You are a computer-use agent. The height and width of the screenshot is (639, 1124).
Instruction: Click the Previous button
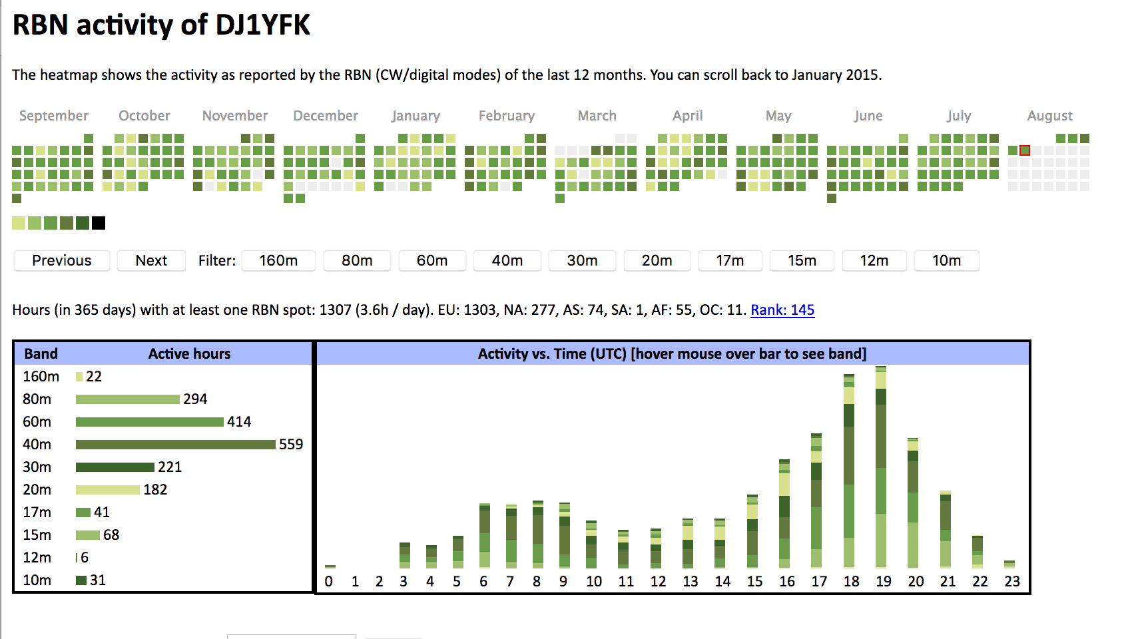point(62,260)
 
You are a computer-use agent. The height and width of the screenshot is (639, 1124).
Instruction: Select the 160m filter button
point(278,260)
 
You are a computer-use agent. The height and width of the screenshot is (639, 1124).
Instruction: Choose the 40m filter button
point(507,260)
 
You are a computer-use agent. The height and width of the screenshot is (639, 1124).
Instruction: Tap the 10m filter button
point(946,260)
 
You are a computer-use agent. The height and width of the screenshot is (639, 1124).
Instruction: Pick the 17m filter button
point(730,260)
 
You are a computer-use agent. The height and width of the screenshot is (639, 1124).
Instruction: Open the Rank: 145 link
point(782,310)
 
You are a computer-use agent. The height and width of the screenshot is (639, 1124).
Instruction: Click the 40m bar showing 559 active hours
point(175,444)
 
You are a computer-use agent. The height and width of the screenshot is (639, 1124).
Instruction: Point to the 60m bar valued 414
point(149,421)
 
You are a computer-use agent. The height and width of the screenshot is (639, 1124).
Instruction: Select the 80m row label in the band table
point(37,399)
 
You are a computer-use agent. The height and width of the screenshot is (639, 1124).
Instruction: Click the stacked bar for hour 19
point(881,466)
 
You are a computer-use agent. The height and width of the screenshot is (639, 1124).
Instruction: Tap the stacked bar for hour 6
point(485,536)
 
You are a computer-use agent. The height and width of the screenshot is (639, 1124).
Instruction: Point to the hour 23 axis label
point(1012,581)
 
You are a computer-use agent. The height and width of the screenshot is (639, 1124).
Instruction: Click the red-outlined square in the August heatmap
point(1025,150)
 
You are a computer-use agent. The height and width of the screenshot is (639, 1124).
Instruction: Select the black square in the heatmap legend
point(99,223)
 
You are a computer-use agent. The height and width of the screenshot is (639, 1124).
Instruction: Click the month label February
point(507,116)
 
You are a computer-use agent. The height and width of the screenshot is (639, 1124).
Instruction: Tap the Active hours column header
point(189,353)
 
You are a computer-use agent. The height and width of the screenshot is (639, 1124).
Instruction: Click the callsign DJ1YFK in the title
point(262,25)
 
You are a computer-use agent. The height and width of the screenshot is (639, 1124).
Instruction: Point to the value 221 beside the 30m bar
point(170,467)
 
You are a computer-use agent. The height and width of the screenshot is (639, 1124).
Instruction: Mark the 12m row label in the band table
point(37,557)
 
